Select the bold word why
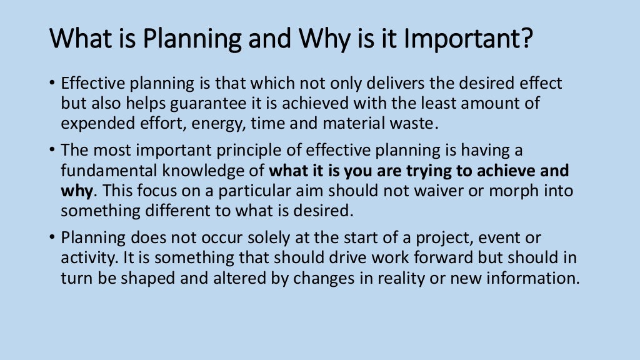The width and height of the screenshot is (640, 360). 76,191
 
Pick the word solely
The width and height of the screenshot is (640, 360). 254,238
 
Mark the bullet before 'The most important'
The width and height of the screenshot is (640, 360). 52,151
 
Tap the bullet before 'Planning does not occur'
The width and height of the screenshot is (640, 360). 52,239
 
